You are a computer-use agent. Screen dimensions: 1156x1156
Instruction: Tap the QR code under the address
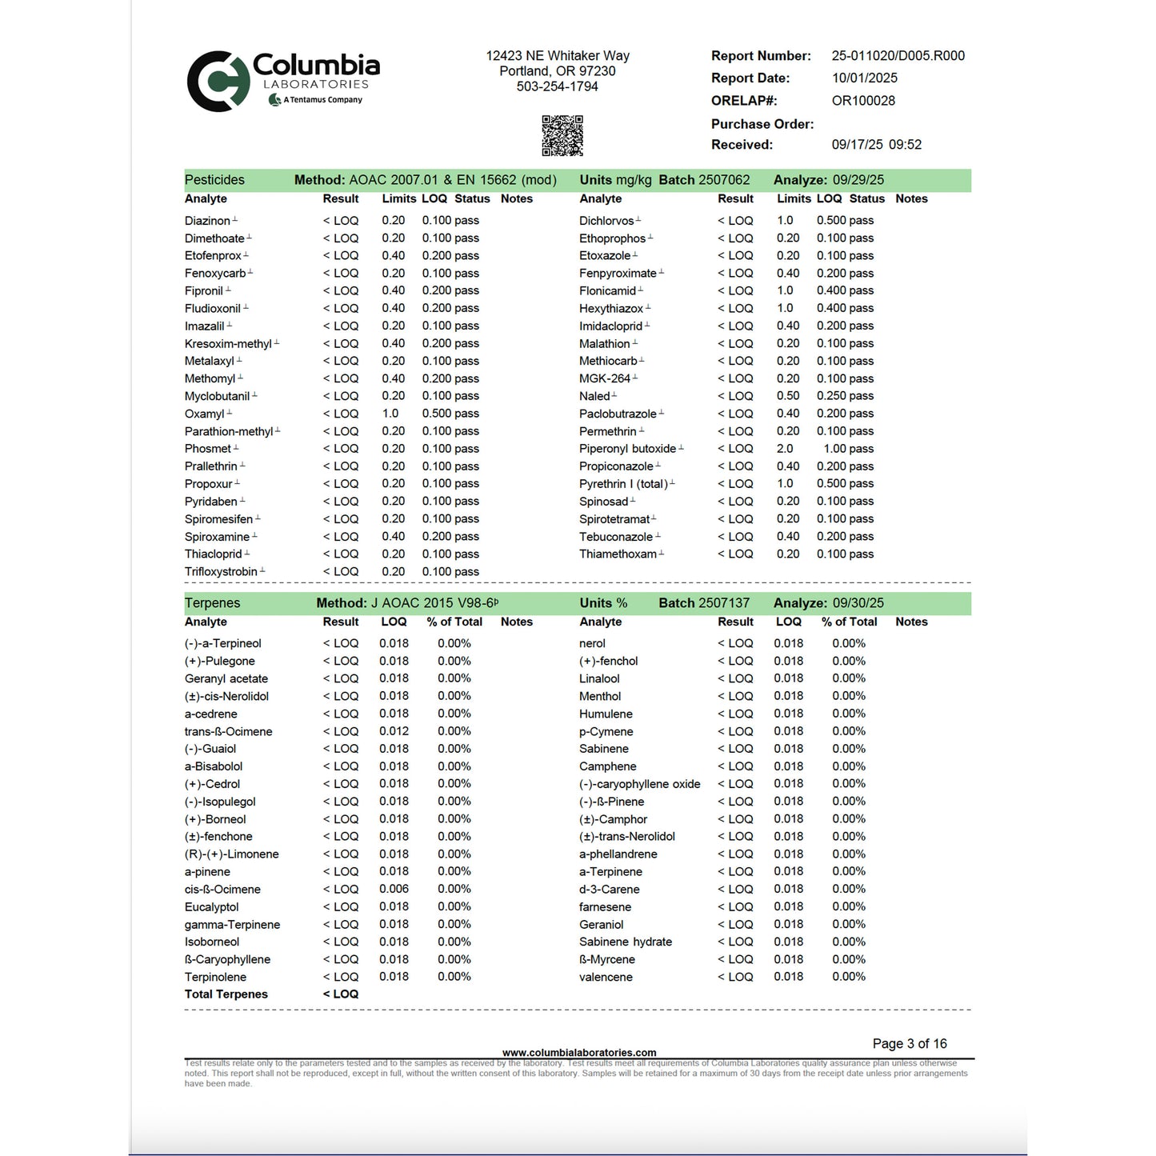click(562, 135)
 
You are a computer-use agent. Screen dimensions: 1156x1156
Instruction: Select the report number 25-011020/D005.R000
click(898, 56)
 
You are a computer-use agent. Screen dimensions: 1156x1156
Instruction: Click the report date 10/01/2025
click(864, 78)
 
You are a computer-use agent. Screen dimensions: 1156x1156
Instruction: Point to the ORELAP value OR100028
click(863, 101)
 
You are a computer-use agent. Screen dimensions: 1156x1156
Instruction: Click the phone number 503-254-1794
click(557, 86)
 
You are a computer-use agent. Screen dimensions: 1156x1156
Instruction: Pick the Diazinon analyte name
click(207, 221)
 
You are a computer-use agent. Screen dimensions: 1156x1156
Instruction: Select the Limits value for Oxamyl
click(390, 414)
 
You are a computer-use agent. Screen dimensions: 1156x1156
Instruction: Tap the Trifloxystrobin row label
click(221, 572)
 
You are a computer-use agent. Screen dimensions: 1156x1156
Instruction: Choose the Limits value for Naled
click(787, 396)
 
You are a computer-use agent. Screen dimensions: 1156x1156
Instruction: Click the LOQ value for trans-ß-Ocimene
click(394, 731)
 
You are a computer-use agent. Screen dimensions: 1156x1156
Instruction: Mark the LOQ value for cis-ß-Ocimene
click(394, 889)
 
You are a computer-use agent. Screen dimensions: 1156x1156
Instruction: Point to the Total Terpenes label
click(226, 994)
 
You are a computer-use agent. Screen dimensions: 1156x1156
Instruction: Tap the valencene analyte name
click(606, 977)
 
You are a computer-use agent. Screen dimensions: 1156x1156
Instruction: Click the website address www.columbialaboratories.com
click(578, 1053)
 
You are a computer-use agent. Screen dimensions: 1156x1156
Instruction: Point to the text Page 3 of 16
click(909, 1044)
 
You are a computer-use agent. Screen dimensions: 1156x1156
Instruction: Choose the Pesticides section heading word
click(214, 180)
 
